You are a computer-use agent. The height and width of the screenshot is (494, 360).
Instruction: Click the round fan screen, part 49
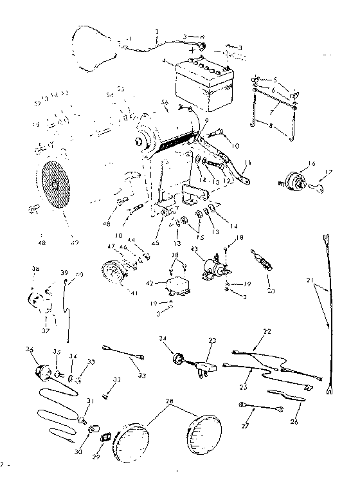[57, 186]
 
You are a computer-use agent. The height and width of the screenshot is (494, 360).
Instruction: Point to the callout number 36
[28, 349]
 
